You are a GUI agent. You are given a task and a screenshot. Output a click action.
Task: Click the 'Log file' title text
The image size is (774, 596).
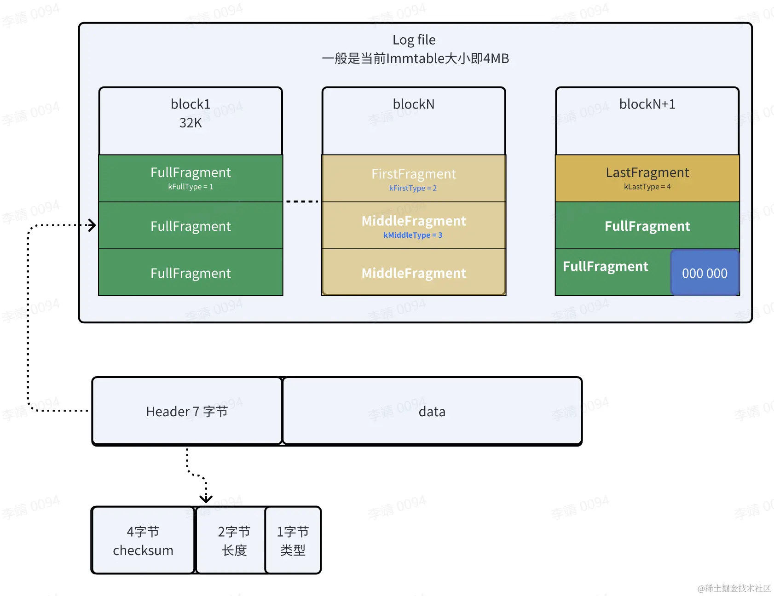(x=414, y=40)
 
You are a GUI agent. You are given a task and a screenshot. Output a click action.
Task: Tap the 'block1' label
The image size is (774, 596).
(x=191, y=104)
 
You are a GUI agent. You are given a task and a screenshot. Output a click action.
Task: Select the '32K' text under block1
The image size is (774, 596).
(x=191, y=123)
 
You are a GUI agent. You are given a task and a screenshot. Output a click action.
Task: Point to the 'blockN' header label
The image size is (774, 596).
(x=414, y=104)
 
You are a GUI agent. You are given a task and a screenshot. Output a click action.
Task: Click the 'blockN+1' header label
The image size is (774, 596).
(x=647, y=104)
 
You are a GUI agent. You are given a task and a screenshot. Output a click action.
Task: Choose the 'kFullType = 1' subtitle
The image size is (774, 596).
(x=191, y=187)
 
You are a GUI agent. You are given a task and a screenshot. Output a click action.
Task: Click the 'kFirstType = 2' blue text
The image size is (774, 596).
(x=413, y=188)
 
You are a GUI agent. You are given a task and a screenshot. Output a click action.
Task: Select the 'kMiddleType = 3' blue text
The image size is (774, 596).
(x=413, y=235)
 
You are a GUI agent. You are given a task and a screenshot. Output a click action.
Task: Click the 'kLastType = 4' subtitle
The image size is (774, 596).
(x=647, y=187)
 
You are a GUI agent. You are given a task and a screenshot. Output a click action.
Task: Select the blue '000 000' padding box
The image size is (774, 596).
(x=705, y=273)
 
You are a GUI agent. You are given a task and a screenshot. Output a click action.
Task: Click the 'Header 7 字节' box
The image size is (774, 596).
(x=187, y=411)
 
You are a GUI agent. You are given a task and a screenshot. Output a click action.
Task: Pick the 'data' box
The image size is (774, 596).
(x=432, y=411)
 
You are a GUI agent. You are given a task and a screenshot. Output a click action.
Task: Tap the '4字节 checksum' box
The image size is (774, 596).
(x=143, y=541)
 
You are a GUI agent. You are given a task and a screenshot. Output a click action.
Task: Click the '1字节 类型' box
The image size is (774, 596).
(x=293, y=541)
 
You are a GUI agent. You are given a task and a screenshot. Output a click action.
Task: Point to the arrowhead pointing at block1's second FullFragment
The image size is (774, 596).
(x=92, y=225)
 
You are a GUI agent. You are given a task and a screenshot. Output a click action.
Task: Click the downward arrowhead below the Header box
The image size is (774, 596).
(x=206, y=499)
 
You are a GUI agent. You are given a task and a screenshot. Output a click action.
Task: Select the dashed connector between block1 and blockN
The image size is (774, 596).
(x=302, y=201)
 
